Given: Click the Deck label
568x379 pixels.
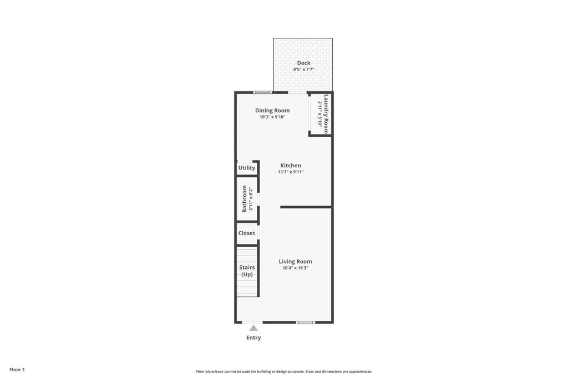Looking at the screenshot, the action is click(x=303, y=63).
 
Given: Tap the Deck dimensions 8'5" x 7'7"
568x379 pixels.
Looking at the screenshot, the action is click(x=303, y=69).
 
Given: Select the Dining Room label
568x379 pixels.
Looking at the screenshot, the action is click(x=272, y=111).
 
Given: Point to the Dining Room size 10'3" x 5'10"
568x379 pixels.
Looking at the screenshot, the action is click(x=272, y=117).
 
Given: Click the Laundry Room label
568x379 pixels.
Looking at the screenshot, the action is click(x=326, y=114).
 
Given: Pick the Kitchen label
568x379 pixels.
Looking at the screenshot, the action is click(x=291, y=165).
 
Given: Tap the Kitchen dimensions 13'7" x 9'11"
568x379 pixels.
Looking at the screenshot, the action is click(x=291, y=172).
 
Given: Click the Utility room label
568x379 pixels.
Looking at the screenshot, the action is click(x=247, y=168).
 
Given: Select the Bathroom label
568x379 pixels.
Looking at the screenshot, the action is click(x=244, y=198).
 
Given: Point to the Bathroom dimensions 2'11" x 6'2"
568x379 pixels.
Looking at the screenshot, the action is click(x=250, y=198).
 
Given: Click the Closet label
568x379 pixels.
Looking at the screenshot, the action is click(x=247, y=233).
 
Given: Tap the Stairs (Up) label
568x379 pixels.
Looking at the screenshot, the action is click(x=247, y=271).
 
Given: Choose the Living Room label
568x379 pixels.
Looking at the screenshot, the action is click(x=295, y=261).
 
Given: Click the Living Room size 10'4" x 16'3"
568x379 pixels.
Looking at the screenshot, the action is click(x=295, y=268).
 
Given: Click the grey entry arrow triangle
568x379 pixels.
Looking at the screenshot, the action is click(x=253, y=328).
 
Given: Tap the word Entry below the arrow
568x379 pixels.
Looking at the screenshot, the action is click(x=253, y=338).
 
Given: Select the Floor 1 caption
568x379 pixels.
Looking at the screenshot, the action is click(x=17, y=370).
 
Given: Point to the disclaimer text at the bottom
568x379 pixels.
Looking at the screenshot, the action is click(x=284, y=371).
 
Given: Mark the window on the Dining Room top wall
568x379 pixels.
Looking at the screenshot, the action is click(x=262, y=93).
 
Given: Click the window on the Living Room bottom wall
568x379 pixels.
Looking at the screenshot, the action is click(x=306, y=322).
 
